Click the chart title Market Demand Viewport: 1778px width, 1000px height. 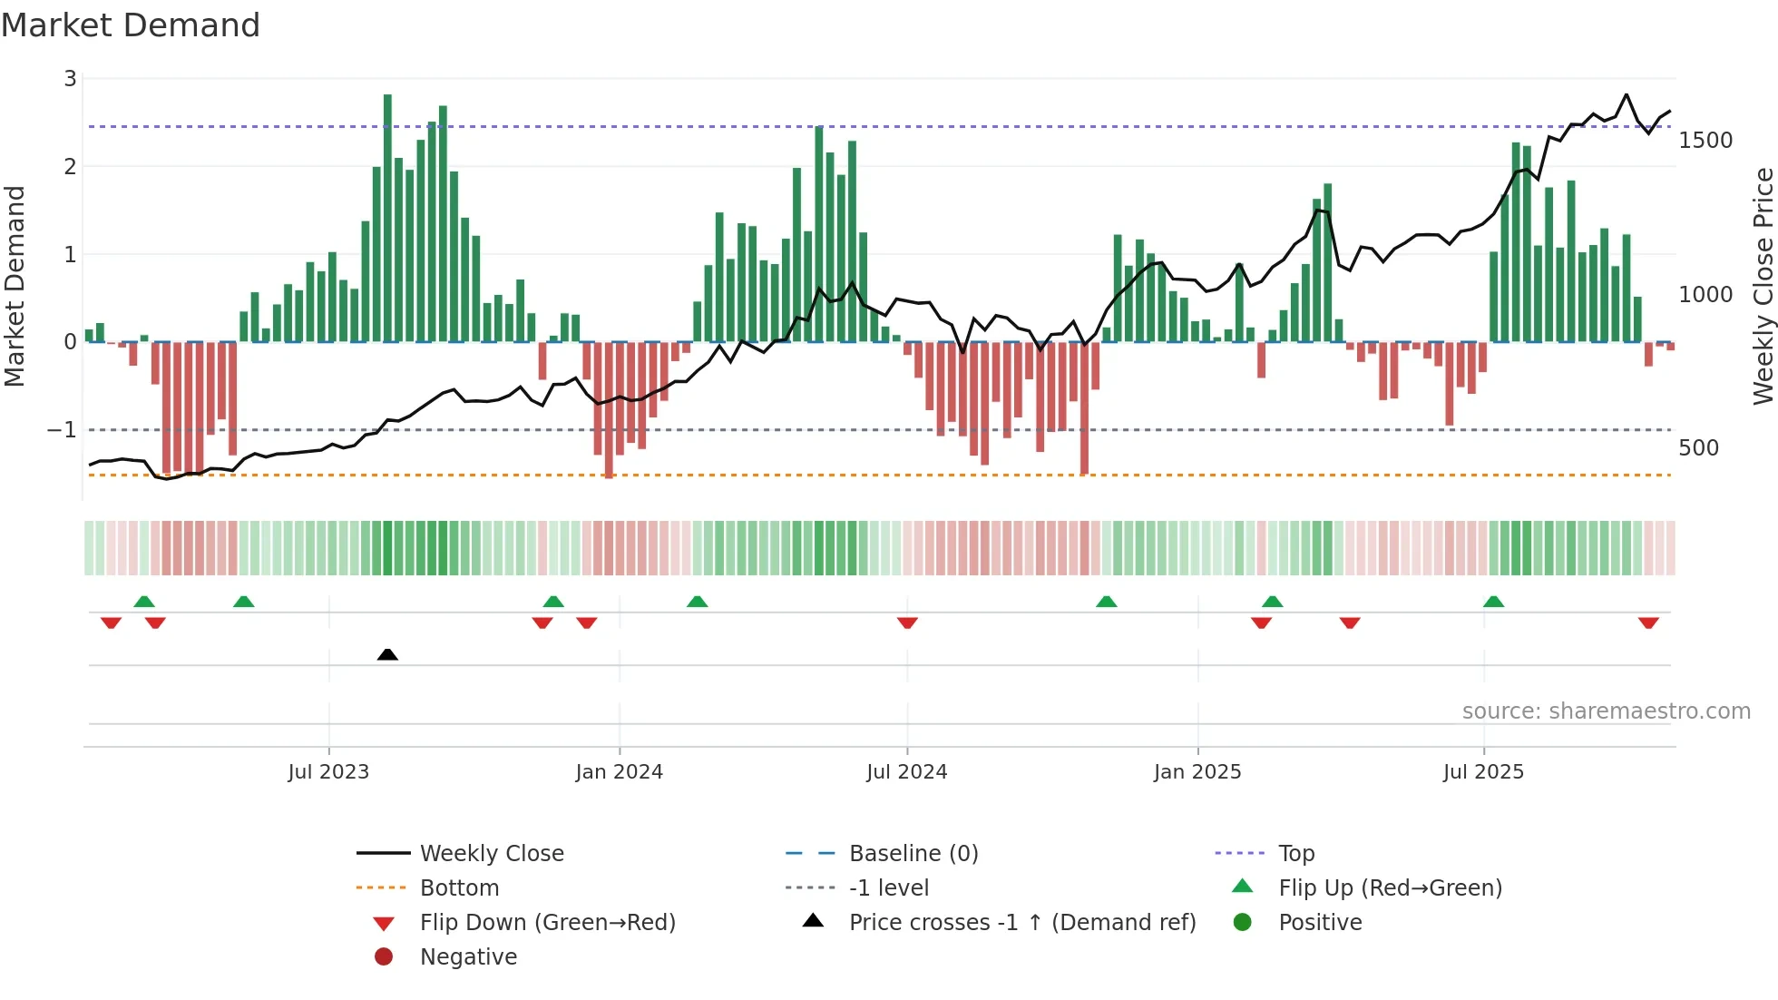click(131, 25)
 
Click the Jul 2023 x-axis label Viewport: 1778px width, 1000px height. click(328, 772)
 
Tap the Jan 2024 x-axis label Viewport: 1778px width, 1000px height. click(619, 772)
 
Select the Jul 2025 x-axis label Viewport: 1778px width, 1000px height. click(1483, 772)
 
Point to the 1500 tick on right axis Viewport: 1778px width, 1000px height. click(1705, 141)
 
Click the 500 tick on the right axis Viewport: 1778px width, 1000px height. click(1698, 448)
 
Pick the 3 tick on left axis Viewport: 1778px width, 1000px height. click(70, 79)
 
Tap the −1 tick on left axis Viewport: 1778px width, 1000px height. click(62, 430)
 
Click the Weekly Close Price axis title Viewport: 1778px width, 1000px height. click(1763, 286)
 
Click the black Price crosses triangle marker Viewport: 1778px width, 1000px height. click(387, 654)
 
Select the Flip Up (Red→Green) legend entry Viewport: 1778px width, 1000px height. click(1390, 888)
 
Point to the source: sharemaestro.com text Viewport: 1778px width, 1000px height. click(1606, 711)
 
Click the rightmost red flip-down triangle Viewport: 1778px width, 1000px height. click(1648, 623)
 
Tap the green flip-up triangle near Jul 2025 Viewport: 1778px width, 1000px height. click(1493, 602)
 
